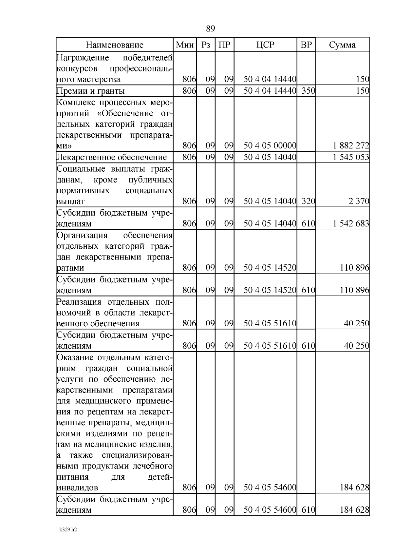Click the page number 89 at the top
211,29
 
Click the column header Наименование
115,45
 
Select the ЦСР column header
265,45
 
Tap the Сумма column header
342,45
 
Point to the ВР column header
306,45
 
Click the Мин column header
185,45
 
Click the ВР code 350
308,91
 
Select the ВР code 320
308,201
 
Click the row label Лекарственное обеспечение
112,158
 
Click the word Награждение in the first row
83,58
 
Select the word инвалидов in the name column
77,488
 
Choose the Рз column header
206,45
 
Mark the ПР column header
225,45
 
